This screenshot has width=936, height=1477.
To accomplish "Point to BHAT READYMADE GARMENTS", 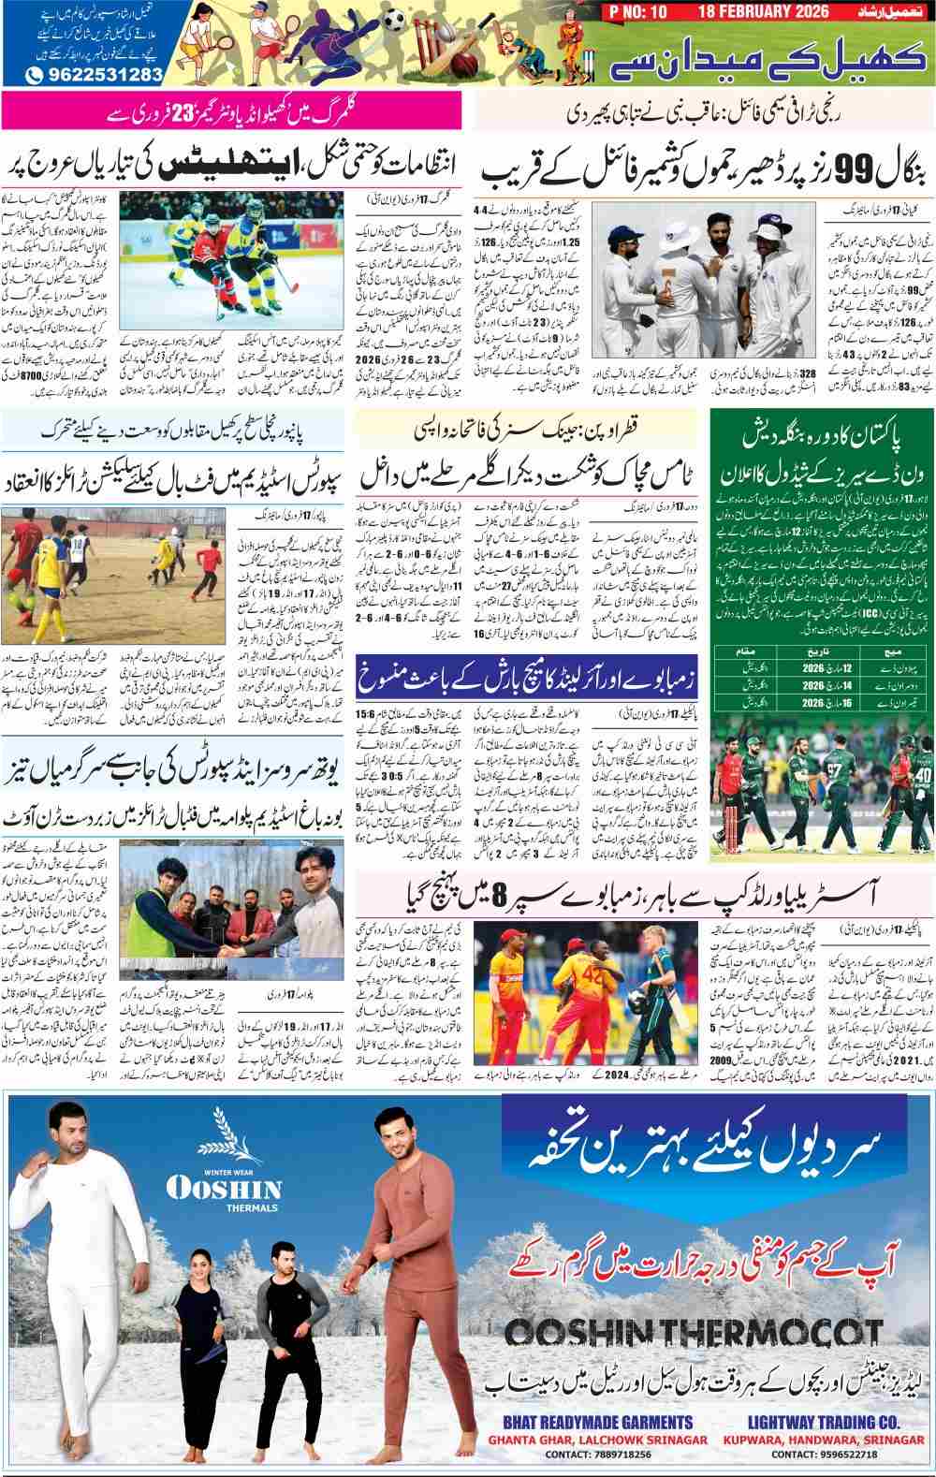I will tap(586, 1421).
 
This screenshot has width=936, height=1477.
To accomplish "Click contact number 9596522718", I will tap(829, 1455).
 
